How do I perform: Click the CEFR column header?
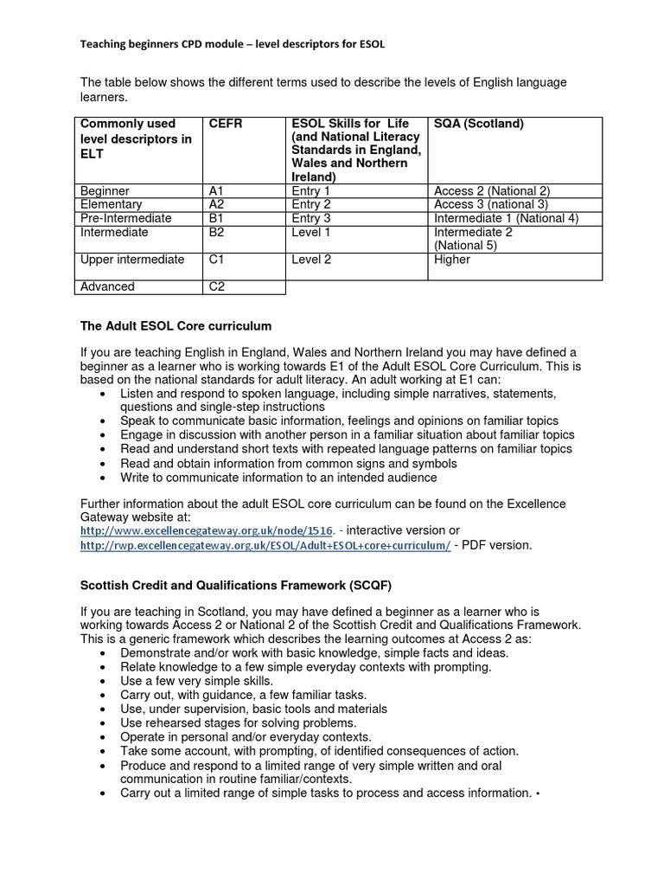point(226,124)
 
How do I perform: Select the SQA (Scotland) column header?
point(479,124)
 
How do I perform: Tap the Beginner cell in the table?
point(105,190)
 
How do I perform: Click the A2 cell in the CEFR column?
point(216,204)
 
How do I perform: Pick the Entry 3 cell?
point(311,218)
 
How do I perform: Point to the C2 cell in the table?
point(217,286)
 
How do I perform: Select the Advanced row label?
point(107,286)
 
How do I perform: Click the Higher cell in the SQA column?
point(452,260)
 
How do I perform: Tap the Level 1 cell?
point(310,232)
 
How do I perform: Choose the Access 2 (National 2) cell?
point(492,190)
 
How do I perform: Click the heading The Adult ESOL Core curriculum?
point(176,326)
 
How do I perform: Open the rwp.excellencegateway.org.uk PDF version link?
point(265,545)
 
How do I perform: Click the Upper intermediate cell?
point(132,260)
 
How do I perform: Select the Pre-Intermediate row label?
point(125,218)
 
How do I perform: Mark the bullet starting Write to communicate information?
point(278,477)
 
